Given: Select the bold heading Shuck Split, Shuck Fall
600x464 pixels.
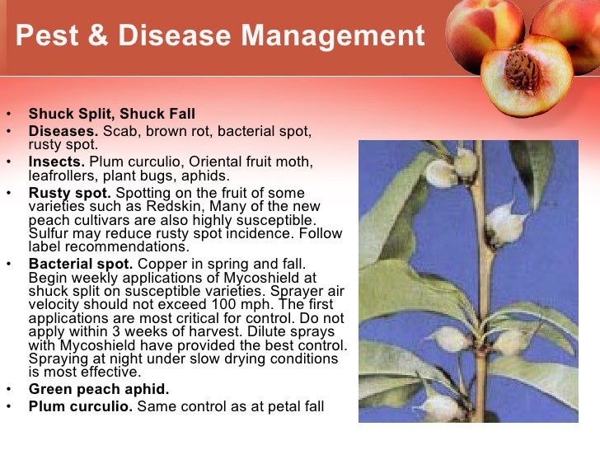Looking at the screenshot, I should (112, 114).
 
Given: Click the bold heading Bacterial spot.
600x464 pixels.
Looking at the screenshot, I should (81, 264).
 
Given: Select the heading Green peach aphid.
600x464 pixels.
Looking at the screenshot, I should (98, 390).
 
